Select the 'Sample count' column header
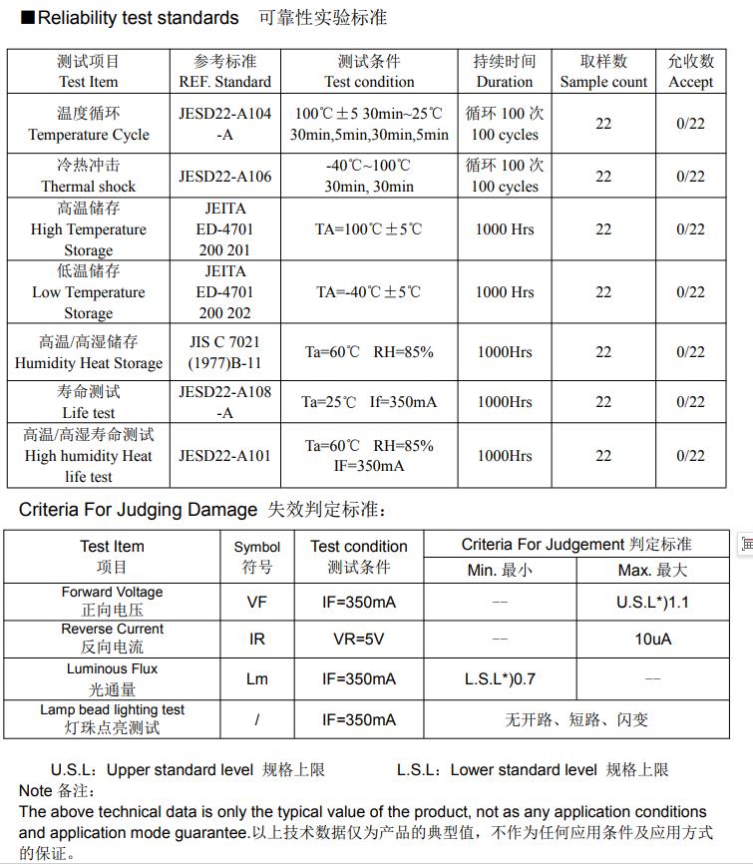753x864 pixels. point(603,72)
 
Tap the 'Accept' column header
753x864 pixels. point(690,72)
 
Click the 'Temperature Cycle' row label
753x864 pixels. point(89,124)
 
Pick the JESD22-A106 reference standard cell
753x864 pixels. point(224,177)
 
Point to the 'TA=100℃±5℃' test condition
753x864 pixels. point(369,229)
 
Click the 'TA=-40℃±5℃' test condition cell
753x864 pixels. point(369,292)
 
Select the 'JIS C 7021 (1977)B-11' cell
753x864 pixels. point(224,352)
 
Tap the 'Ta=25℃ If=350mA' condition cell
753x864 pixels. point(369,402)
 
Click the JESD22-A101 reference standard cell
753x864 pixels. point(224,456)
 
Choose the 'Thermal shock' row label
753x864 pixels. point(89,177)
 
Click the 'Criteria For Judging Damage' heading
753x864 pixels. point(138,510)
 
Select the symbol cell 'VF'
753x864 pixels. point(257,603)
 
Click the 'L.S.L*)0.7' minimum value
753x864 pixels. point(500,679)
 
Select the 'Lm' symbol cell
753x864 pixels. point(257,679)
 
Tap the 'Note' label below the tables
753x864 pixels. point(36,791)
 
